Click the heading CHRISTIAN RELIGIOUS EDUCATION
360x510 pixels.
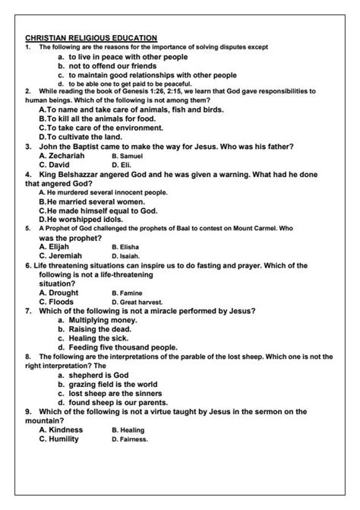(90, 37)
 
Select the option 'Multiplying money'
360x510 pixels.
(103, 320)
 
